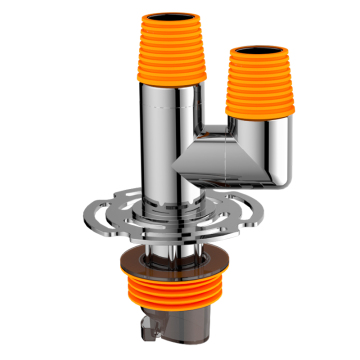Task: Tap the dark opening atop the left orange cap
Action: click(x=166, y=17)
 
